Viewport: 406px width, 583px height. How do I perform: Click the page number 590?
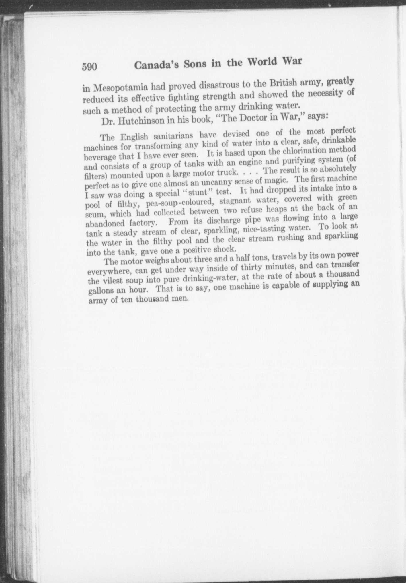tap(90, 67)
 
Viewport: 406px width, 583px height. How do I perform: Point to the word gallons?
tap(102, 290)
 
